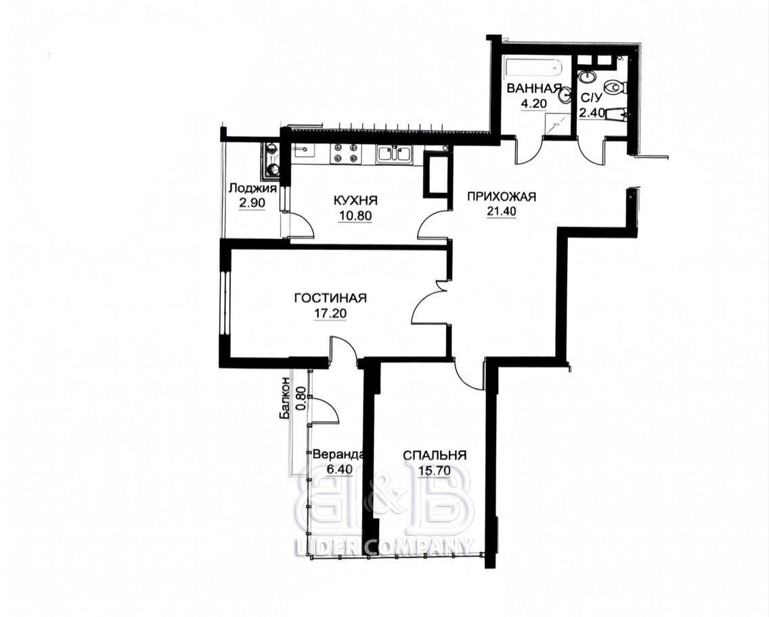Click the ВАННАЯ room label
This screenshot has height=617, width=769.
pyautogui.click(x=534, y=88)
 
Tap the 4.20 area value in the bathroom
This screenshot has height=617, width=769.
pyautogui.click(x=533, y=104)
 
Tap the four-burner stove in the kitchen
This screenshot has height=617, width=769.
pyautogui.click(x=344, y=152)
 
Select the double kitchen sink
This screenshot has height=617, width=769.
pyautogui.click(x=394, y=154)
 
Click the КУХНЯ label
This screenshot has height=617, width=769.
pyautogui.click(x=355, y=200)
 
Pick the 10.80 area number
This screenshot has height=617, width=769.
pyautogui.click(x=355, y=215)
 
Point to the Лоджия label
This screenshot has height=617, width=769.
pyautogui.click(x=252, y=188)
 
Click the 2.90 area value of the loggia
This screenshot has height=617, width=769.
pyautogui.click(x=252, y=203)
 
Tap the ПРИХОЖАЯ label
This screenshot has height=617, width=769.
pyautogui.click(x=501, y=197)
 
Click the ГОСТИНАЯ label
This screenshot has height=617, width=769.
pyautogui.click(x=330, y=298)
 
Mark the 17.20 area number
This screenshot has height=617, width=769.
pyautogui.click(x=330, y=313)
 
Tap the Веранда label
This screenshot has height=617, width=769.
pyautogui.click(x=338, y=454)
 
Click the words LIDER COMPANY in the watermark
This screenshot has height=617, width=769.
pyautogui.click(x=385, y=546)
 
